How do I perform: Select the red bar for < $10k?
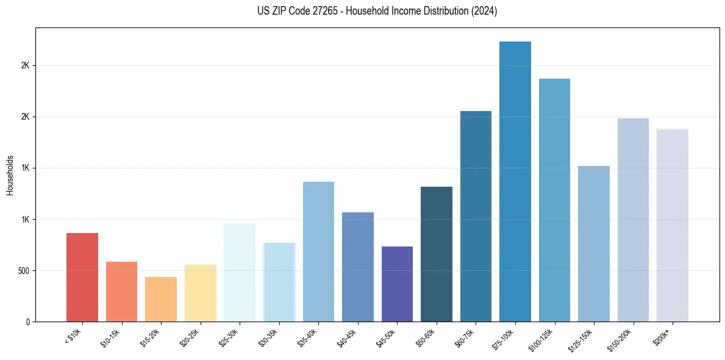click(82, 277)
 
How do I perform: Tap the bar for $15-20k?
click(161, 299)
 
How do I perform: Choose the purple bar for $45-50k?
click(397, 284)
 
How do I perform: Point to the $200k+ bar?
click(673, 225)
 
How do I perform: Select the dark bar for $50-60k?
click(437, 254)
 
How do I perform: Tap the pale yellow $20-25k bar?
click(201, 293)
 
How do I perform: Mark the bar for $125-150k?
click(594, 243)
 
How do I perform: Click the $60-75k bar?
click(476, 216)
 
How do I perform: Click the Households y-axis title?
click(10, 175)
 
